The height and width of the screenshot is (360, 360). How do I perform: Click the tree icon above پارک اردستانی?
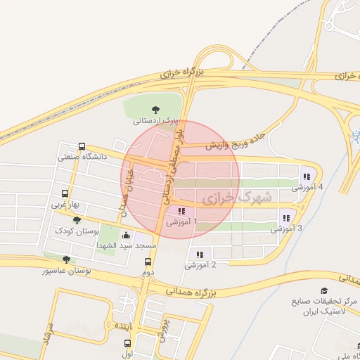156,108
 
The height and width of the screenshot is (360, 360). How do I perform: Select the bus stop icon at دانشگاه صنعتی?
82,147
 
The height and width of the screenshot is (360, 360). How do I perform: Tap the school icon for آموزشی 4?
306,177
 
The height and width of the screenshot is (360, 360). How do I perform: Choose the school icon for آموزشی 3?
285,217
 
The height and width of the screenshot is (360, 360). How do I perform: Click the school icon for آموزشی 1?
181,211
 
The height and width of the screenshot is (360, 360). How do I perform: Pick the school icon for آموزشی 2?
200,255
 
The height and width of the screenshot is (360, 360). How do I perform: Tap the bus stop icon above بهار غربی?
65,193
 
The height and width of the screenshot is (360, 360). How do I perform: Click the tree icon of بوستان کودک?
77,220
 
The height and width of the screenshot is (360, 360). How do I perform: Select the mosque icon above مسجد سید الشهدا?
126,235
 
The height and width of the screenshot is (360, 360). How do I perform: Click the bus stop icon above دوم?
147,260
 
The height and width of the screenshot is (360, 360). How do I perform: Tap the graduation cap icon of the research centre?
324,290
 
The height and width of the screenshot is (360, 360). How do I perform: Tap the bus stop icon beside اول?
127,343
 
